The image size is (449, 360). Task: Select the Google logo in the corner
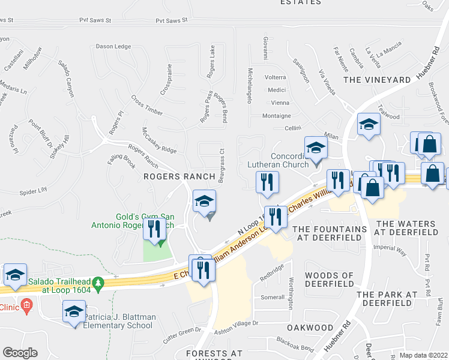coord(20,353)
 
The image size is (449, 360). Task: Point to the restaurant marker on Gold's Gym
coord(155,229)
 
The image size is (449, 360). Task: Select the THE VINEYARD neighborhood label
coord(376,80)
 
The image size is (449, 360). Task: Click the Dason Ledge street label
coord(113,47)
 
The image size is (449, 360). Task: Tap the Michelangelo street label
coord(249,85)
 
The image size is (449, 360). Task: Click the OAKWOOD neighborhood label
coord(310,328)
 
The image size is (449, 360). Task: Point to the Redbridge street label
coord(271,273)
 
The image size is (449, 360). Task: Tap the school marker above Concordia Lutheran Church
coord(316,148)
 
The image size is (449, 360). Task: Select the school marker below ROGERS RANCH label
coord(204,202)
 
